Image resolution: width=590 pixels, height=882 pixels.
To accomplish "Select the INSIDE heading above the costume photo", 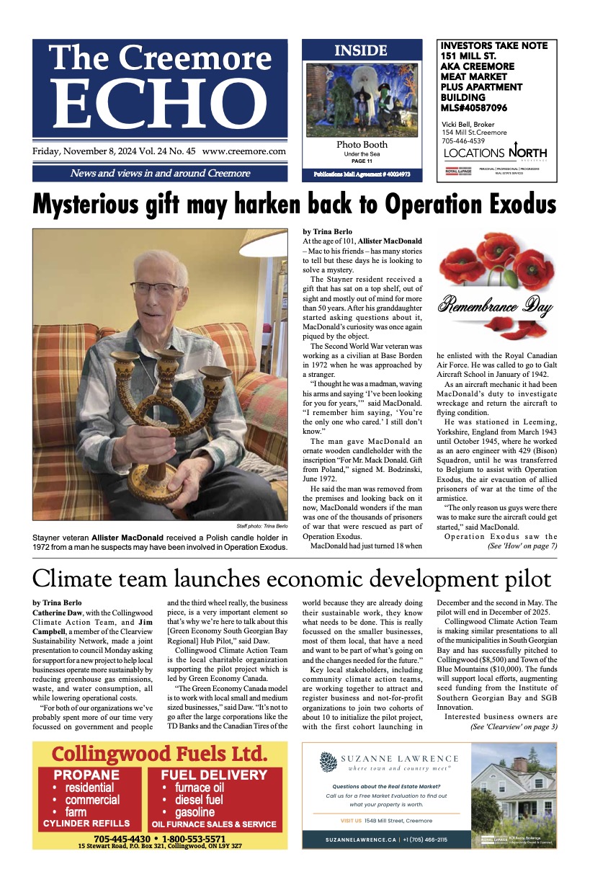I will click(x=361, y=50).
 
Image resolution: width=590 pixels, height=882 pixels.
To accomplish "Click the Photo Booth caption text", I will click(x=362, y=145).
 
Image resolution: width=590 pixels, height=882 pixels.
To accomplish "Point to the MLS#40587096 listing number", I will click(x=474, y=107).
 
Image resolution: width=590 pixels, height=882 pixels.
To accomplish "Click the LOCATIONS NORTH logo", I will click(x=496, y=153).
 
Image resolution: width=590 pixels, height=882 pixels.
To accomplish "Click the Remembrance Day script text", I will click(x=498, y=306).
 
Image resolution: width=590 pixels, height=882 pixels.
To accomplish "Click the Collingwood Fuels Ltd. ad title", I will click(x=159, y=754).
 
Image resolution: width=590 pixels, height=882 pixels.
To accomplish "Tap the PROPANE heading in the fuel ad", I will click(x=86, y=775).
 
